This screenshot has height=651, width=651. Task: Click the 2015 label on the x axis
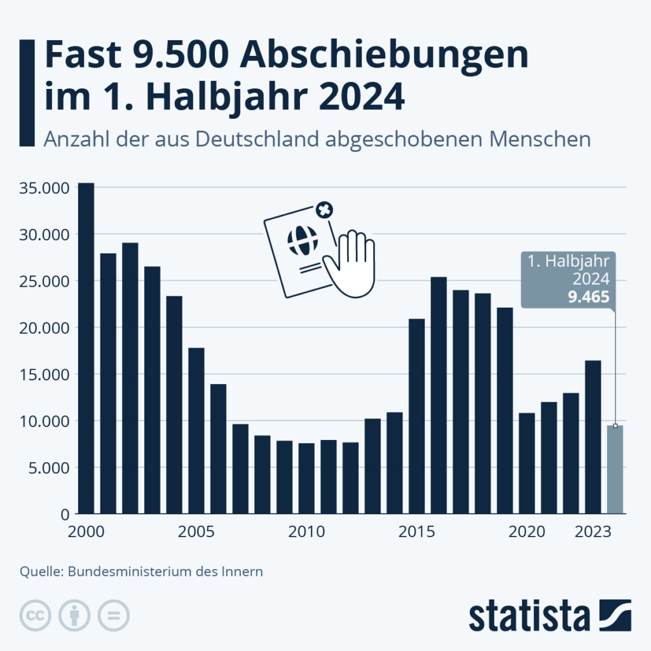(417, 531)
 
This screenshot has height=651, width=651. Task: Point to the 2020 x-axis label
(527, 531)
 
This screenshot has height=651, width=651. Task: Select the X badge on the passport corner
(324, 210)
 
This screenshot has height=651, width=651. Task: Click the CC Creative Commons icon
(36, 615)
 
